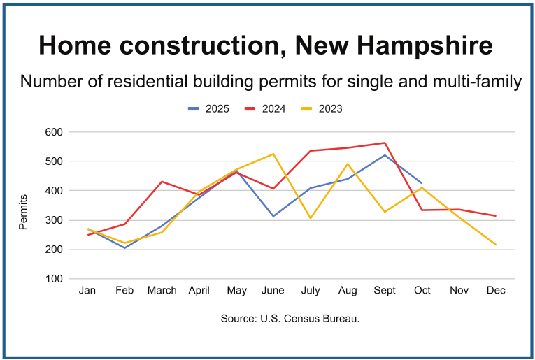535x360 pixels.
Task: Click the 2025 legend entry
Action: tap(210, 108)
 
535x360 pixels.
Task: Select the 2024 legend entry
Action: tap(266, 108)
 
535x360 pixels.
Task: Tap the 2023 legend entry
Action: tap(322, 108)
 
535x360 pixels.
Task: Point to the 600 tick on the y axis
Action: tap(54, 132)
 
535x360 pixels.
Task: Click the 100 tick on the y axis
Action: tap(54, 279)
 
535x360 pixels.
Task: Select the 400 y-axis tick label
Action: tap(54, 191)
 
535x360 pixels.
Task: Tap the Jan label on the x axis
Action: tap(87, 289)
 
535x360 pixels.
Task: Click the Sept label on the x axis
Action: tap(385, 289)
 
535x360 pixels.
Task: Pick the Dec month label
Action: tap(496, 289)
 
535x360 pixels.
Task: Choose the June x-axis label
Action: tap(273, 289)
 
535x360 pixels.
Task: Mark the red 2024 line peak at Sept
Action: tap(385, 143)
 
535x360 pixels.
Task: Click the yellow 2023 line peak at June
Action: tap(273, 154)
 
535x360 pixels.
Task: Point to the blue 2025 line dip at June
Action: tap(273, 216)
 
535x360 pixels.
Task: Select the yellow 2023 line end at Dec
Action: tap(496, 245)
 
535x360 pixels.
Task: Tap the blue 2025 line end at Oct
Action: tap(422, 183)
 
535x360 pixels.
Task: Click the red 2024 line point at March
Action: tap(162, 182)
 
